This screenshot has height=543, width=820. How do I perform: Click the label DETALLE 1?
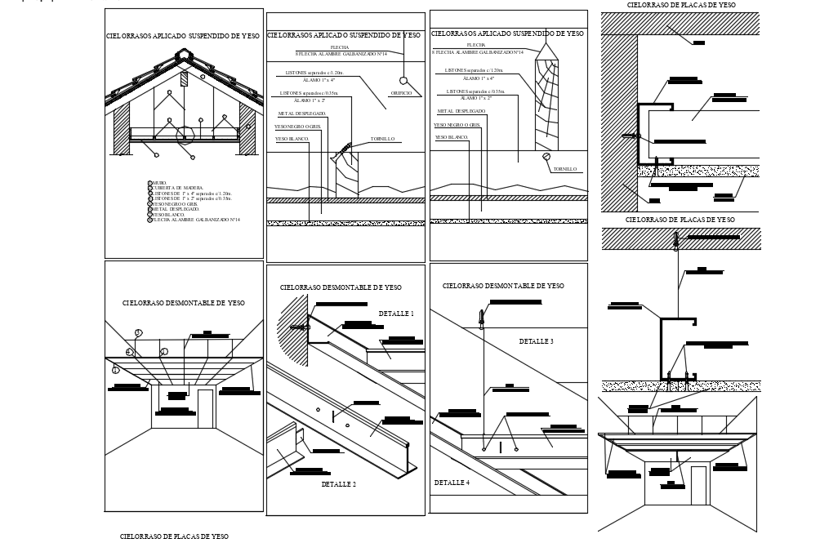pyautogui.click(x=396, y=314)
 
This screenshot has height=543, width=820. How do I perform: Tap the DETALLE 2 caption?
pyautogui.click(x=338, y=484)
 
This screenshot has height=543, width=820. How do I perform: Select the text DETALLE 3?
pyautogui.click(x=537, y=341)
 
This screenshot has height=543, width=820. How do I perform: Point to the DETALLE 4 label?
pyautogui.click(x=452, y=483)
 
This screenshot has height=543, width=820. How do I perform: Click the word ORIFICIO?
pyautogui.click(x=401, y=93)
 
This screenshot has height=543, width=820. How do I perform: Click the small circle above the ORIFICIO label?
pyautogui.click(x=403, y=81)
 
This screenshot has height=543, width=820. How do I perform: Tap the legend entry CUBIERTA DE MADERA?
pyautogui.click(x=176, y=188)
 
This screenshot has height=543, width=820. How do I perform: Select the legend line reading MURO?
pyautogui.click(x=158, y=183)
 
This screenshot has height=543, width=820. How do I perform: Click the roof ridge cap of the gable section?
pyautogui.click(x=184, y=56)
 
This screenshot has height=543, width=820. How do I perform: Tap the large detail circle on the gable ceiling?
pyautogui.click(x=186, y=135)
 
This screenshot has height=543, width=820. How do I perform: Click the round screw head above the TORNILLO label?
pyautogui.click(x=547, y=157)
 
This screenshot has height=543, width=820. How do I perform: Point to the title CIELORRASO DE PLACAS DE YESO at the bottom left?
pyautogui.click(x=174, y=536)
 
